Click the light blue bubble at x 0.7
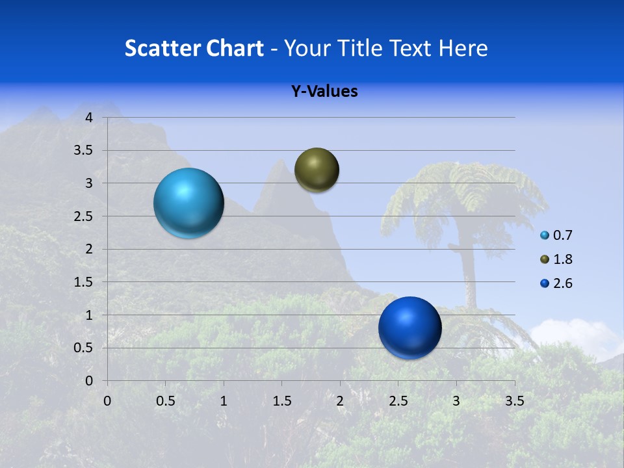click(x=188, y=203)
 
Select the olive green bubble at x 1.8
click(x=317, y=170)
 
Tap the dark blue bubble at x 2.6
click(x=409, y=328)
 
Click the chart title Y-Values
click(x=324, y=91)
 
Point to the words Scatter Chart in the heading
click(x=194, y=47)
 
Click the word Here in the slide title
click(x=463, y=47)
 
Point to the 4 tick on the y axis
click(x=89, y=118)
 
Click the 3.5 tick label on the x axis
click(x=514, y=401)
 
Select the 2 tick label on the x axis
click(x=340, y=401)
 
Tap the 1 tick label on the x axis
click(x=224, y=401)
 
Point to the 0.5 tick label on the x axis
click(x=165, y=401)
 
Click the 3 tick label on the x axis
click(x=456, y=401)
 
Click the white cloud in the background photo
click(x=575, y=335)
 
